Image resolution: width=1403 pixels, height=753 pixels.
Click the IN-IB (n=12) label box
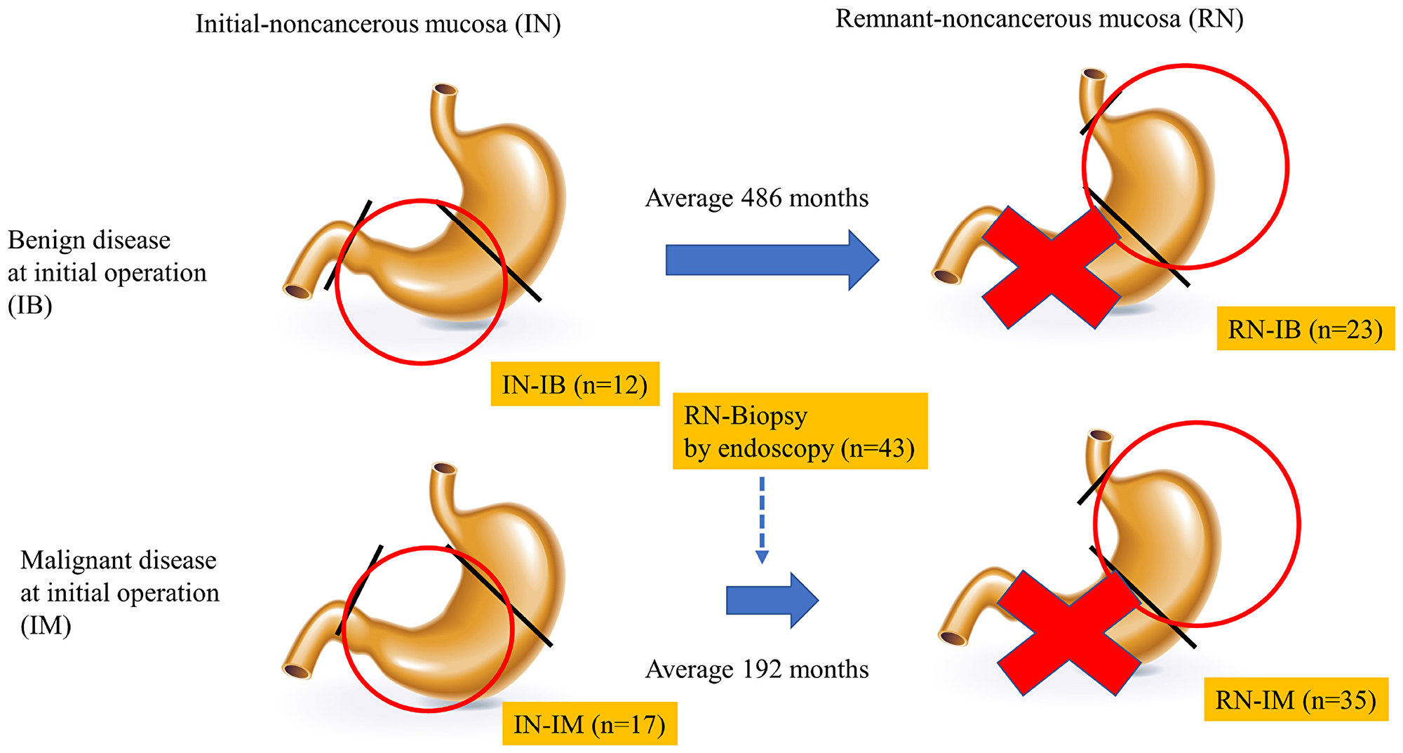575,384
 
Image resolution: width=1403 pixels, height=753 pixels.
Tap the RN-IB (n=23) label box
1305,328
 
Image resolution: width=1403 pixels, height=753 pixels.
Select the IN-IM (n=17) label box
589,724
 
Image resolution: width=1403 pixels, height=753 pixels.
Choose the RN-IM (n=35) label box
1296,700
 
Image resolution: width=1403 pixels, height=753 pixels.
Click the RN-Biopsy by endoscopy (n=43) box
799,431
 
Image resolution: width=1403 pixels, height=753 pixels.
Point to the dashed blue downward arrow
762,519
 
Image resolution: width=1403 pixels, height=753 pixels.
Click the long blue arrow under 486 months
772,260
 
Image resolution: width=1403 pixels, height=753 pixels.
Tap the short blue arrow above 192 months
772,600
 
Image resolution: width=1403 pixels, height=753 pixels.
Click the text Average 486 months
756,199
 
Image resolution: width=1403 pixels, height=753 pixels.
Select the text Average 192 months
756,669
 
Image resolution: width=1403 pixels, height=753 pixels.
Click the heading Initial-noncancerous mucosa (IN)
377,25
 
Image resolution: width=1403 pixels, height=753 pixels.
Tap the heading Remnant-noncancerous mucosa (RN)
1039,19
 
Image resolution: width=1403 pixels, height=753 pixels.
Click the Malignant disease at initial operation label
119,593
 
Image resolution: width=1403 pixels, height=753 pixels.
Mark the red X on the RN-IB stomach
1050,267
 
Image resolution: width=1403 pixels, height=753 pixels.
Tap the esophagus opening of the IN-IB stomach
445,91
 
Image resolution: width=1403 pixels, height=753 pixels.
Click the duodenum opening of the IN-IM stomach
297,671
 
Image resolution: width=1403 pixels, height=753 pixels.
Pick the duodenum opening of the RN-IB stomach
947,276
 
